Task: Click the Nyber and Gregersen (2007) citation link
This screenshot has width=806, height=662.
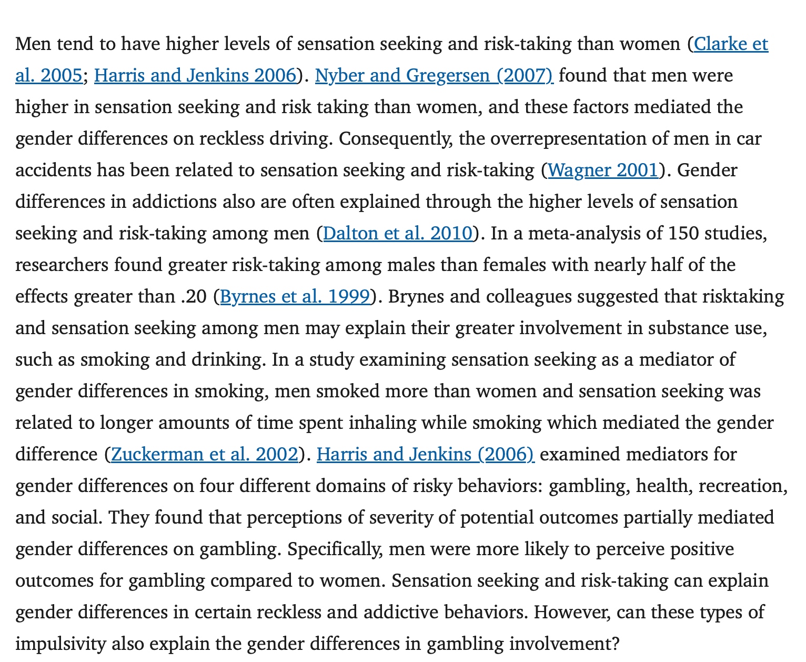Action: click(434, 76)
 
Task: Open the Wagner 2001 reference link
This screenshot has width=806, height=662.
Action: click(603, 170)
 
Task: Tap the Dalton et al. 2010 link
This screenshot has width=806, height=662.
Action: click(398, 233)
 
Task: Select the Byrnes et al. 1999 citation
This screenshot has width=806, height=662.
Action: click(295, 297)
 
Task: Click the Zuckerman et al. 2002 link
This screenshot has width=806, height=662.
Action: click(205, 454)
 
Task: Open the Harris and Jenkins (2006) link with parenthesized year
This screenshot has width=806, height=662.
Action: click(425, 454)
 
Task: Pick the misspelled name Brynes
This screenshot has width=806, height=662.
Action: click(416, 297)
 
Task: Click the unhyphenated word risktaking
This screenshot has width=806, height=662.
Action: click(743, 297)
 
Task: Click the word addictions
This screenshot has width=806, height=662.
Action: click(168, 202)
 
